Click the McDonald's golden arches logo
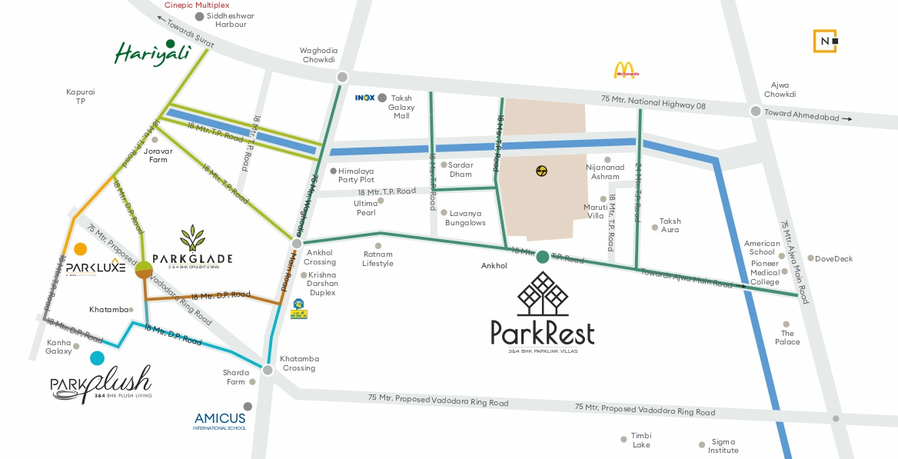pyautogui.click(x=624, y=71)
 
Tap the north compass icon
pyautogui.click(x=826, y=41)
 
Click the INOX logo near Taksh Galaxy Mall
pyautogui.click(x=364, y=98)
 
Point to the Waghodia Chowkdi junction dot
pyautogui.click(x=342, y=78)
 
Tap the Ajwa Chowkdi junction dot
pyautogui.click(x=756, y=111)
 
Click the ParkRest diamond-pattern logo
pyautogui.click(x=542, y=294)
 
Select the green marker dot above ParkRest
pyautogui.click(x=543, y=258)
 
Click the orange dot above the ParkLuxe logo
pyautogui.click(x=81, y=248)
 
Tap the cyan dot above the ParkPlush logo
pyautogui.click(x=97, y=358)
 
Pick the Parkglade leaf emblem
pyautogui.click(x=192, y=239)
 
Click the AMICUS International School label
pyautogui.click(x=220, y=421)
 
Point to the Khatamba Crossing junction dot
pyautogui.click(x=268, y=371)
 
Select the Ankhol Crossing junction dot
pyautogui.click(x=297, y=244)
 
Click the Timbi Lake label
pyautogui.click(x=640, y=440)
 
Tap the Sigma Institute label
pyautogui.click(x=723, y=446)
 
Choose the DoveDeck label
pyautogui.click(x=833, y=259)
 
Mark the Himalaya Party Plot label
pyautogui.click(x=356, y=175)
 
